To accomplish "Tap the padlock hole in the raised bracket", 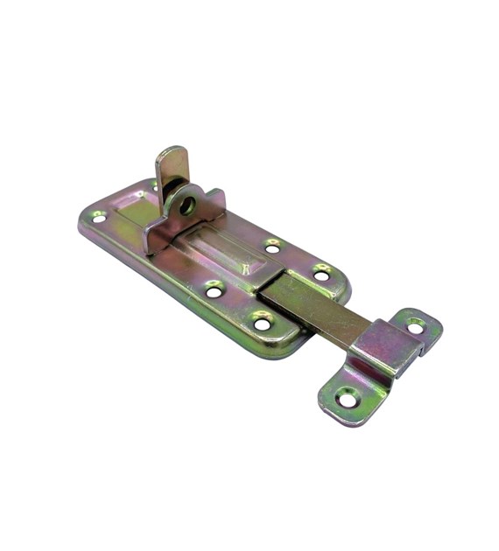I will pyautogui.click(x=186, y=206).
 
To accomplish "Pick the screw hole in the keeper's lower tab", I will pyautogui.click(x=348, y=399).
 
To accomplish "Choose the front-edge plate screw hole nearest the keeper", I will pyautogui.click(x=263, y=324).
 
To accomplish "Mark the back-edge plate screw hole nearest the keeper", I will pyautogui.click(x=321, y=275).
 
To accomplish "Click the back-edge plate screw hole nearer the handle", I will pyautogui.click(x=272, y=248).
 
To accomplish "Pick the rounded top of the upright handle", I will pyautogui.click(x=172, y=152).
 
